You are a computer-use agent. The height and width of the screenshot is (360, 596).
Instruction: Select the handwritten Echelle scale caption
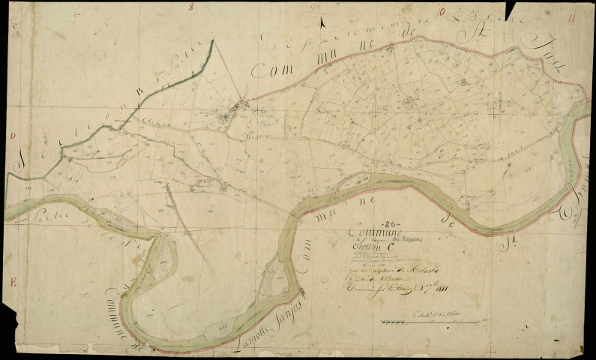427,315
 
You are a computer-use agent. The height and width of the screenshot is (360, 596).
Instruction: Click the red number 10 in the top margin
443,10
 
